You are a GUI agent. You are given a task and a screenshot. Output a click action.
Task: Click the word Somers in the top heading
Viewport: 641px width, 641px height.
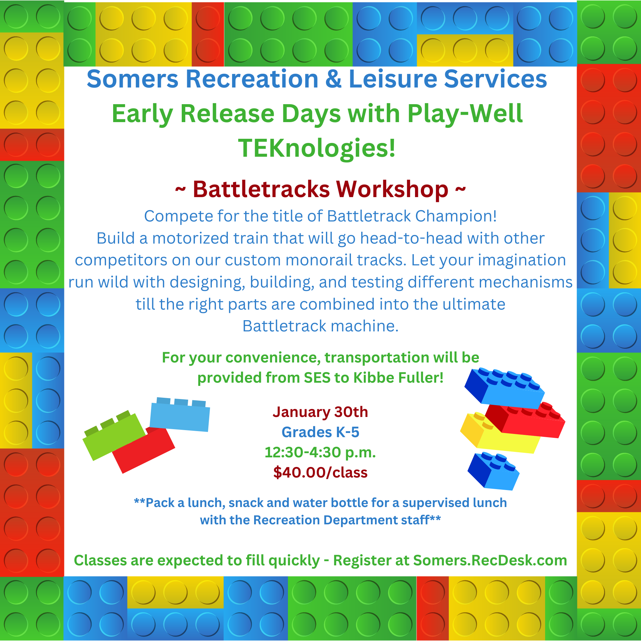coord(133,79)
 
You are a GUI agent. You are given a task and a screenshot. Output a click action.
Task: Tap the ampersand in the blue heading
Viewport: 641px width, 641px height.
coord(333,79)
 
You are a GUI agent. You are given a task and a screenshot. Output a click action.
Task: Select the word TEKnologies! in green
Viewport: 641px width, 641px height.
coord(317,148)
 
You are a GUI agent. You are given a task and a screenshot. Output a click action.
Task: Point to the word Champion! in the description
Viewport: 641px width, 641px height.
coord(456,216)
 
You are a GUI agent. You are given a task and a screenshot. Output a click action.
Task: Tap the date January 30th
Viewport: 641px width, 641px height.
coord(320,412)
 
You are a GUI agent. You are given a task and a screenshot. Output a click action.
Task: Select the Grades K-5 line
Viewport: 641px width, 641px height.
coord(320,432)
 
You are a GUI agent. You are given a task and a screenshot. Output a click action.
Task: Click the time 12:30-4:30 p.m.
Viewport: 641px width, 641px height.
coord(320,453)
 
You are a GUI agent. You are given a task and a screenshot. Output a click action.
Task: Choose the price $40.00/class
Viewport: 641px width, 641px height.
coord(320,472)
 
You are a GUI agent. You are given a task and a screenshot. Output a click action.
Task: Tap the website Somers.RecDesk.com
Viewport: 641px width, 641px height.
coord(490,560)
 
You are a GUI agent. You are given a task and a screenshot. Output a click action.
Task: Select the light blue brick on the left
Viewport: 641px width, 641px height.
coord(179,415)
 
